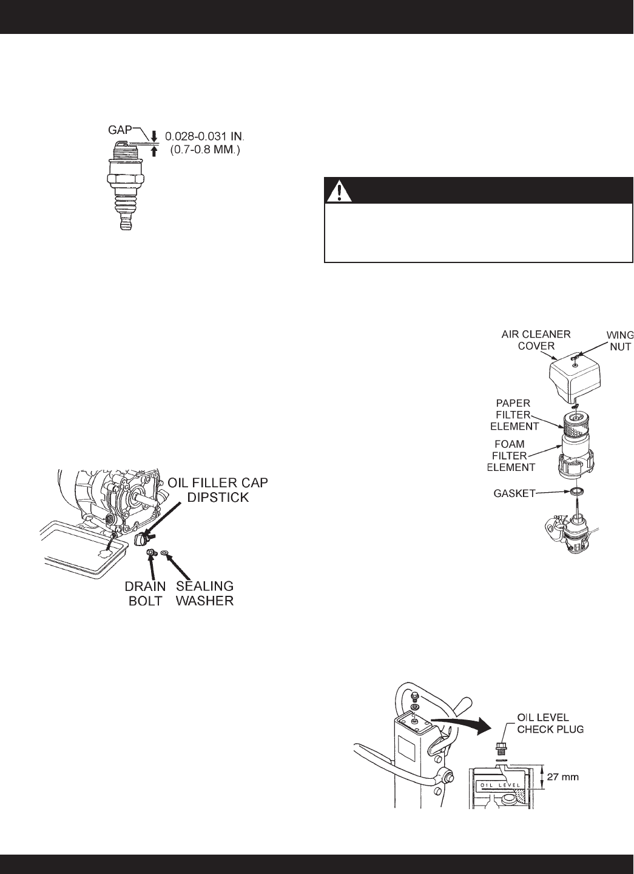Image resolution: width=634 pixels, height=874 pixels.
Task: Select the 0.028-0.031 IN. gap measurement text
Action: click(204, 136)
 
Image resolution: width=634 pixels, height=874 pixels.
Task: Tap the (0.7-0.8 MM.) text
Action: click(204, 150)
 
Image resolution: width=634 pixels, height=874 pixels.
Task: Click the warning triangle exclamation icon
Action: click(340, 191)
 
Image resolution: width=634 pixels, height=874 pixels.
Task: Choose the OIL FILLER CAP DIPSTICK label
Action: click(218, 490)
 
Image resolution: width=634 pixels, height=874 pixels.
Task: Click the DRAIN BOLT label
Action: click(146, 593)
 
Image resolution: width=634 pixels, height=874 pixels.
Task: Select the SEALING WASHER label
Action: click(204, 593)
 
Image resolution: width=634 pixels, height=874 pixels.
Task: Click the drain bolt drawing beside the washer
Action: click(150, 552)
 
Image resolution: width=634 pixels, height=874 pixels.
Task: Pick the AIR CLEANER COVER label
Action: click(536, 340)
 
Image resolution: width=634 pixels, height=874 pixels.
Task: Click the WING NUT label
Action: click(619, 340)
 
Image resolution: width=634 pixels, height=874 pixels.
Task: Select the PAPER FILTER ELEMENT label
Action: click(514, 415)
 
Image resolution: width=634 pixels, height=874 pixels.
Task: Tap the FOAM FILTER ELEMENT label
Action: click(511, 455)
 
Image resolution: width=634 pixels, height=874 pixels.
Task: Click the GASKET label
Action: click(514, 493)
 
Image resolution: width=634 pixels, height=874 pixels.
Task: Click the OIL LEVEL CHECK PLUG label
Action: click(550, 723)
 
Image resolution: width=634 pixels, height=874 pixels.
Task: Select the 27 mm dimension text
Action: click(562, 777)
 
